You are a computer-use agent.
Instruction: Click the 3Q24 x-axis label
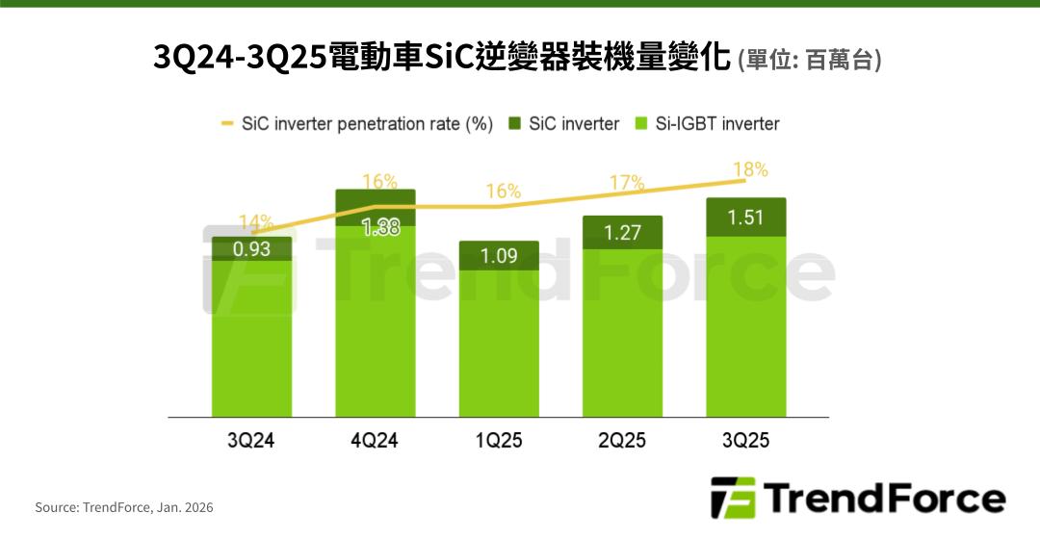coord(251,442)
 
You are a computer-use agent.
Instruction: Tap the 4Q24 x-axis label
coord(375,442)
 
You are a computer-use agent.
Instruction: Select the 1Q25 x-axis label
coord(498,442)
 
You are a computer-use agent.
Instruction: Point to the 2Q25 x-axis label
coord(622,442)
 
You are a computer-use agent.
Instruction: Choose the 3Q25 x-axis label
coord(745,442)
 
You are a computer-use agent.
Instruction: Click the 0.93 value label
coord(251,249)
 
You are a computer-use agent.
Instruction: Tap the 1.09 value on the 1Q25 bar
coord(498,257)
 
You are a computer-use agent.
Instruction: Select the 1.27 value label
coord(622,232)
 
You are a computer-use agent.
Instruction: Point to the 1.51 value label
coord(745,218)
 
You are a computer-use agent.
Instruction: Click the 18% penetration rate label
coord(750,170)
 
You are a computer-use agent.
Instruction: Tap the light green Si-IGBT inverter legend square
coord(641,124)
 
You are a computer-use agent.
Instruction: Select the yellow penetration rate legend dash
coord(227,124)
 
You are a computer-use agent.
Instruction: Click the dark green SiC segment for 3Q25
coord(745,204)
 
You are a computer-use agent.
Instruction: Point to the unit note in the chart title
coord(809,60)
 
